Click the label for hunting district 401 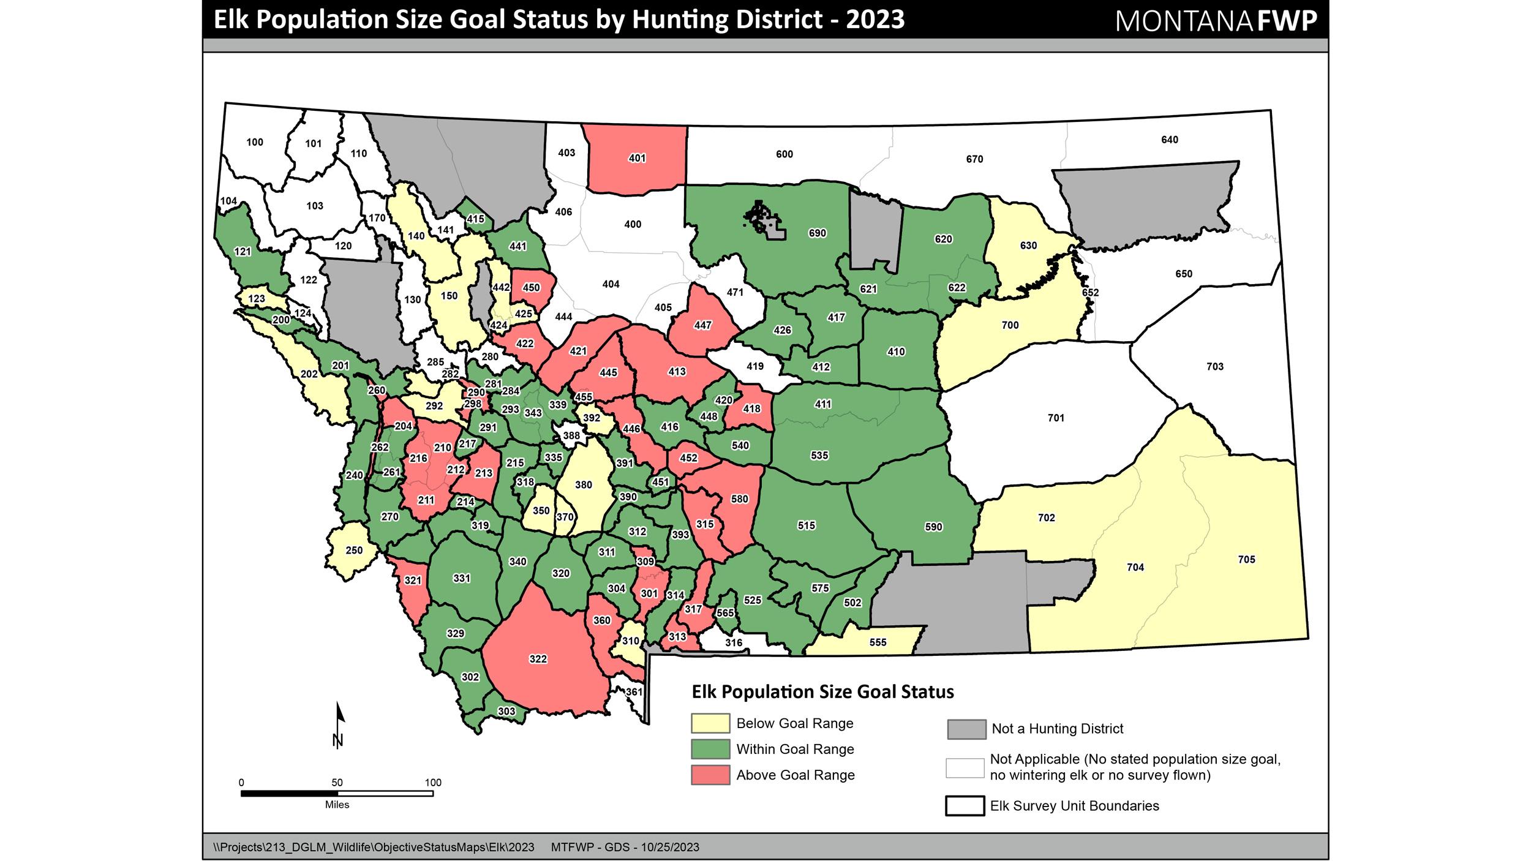coord(637,158)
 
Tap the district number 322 coord(538,659)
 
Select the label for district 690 coord(817,233)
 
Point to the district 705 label coord(1246,559)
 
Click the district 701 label coord(1056,418)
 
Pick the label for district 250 coord(354,550)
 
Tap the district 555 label coord(878,642)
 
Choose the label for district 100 coord(255,142)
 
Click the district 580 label coord(739,498)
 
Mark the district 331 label coord(461,578)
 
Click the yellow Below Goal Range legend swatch coord(710,723)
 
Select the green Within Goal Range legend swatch coord(710,749)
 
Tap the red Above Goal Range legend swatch coord(710,775)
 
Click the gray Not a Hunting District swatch coord(966,729)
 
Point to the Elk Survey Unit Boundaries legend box coord(965,806)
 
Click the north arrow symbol coord(339,725)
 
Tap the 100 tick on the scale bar coord(433,783)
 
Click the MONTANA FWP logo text coord(1216,21)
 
